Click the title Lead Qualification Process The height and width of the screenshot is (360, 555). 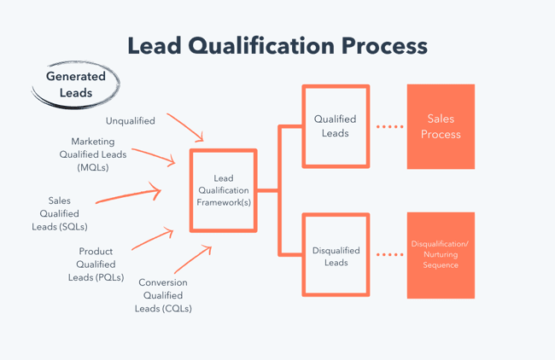[x=277, y=45]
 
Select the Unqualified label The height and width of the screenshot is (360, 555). [x=131, y=121]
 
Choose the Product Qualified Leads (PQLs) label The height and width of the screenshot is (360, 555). [x=96, y=264]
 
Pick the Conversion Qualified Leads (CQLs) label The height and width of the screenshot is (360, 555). [x=163, y=295]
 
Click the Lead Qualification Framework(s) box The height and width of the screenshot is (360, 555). [x=223, y=191]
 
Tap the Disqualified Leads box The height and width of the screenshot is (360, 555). [x=336, y=256]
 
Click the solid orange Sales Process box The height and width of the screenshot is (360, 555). [x=441, y=126]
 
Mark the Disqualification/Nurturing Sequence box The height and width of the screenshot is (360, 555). [x=441, y=255]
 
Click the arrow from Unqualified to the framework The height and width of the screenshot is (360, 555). [x=185, y=127]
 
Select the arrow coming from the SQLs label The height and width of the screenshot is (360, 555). [x=128, y=195]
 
